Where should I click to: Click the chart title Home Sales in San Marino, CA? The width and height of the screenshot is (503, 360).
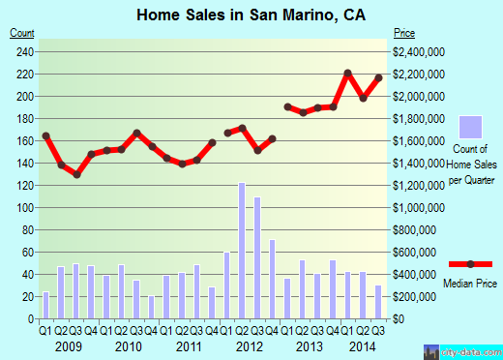(x=251, y=15)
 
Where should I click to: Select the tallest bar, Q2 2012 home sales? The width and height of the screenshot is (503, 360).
(x=242, y=238)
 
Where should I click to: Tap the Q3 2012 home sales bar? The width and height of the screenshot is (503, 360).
(x=256, y=246)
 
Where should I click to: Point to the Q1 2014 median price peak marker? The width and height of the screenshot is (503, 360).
(x=347, y=74)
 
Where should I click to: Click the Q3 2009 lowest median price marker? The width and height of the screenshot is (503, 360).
(x=76, y=174)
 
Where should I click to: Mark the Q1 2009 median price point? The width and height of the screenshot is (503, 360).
(x=45, y=135)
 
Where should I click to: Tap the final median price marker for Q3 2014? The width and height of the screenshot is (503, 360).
(x=378, y=77)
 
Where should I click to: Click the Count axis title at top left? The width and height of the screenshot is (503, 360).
(x=21, y=33)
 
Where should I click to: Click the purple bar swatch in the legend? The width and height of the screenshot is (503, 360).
(x=470, y=127)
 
